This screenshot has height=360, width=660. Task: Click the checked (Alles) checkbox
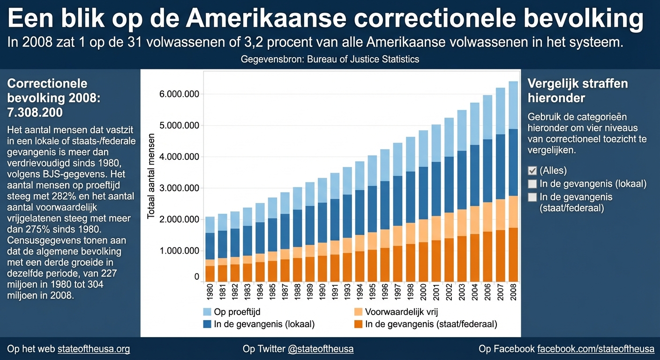coord(532,171)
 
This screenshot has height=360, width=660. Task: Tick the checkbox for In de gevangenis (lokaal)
coord(532,184)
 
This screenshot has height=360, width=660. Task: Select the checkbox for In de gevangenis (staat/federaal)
coord(532,197)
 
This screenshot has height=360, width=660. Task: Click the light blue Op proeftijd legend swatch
coord(206,312)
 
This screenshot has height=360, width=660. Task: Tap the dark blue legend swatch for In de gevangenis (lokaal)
coord(206,324)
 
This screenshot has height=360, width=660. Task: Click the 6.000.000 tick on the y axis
coord(179,94)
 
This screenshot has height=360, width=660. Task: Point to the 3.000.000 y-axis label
coord(179,188)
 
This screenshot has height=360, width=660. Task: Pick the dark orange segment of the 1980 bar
coord(210,273)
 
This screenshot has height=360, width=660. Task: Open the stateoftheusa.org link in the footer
coord(94,349)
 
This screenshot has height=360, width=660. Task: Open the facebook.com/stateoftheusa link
coord(595,349)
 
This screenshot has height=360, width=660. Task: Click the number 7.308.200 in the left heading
coord(35,113)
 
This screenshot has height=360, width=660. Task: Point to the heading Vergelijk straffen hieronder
coord(577,91)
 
